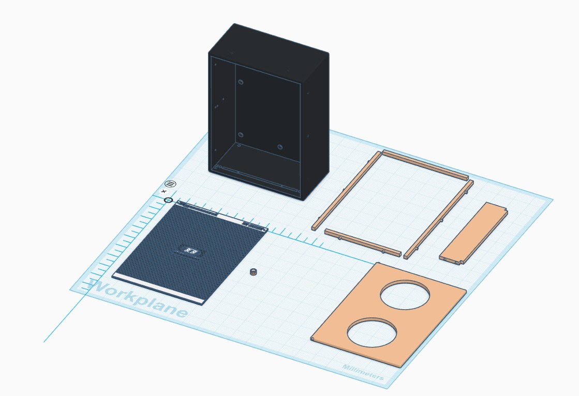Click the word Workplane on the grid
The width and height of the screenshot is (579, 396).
click(x=137, y=299)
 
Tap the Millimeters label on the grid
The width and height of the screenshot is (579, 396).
click(x=363, y=372)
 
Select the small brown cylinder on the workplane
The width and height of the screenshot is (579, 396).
click(x=254, y=272)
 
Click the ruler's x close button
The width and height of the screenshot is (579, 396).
click(x=164, y=191)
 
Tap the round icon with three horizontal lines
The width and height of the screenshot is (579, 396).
click(x=171, y=184)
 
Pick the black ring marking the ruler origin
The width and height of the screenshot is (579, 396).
click(x=168, y=200)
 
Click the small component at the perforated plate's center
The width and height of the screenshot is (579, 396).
click(x=190, y=251)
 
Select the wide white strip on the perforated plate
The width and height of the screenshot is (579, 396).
click(x=158, y=289)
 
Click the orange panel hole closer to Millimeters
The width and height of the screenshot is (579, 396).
click(x=372, y=332)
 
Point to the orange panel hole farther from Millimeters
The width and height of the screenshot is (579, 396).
click(x=405, y=294)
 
